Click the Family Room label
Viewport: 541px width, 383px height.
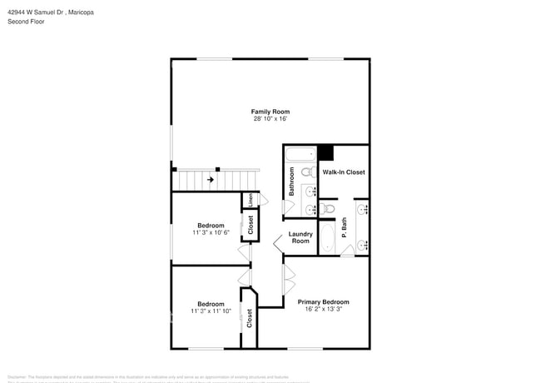270,112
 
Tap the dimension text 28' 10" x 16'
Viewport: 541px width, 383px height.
270,119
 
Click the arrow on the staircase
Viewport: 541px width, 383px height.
211,179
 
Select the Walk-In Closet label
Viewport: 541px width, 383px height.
344,172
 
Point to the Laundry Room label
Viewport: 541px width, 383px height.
300,237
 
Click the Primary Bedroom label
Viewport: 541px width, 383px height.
323,301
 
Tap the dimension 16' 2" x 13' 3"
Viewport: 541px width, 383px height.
323,309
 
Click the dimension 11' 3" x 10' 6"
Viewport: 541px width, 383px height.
211,233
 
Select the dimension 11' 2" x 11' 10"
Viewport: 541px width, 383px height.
211,311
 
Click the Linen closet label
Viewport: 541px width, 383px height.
250,200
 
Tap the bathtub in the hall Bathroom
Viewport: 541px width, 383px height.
300,153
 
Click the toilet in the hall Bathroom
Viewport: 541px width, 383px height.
306,173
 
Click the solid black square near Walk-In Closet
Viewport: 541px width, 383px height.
325,153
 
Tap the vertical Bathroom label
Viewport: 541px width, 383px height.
292,182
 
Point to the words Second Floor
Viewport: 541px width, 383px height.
27,22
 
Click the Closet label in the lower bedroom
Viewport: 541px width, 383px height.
249,317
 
